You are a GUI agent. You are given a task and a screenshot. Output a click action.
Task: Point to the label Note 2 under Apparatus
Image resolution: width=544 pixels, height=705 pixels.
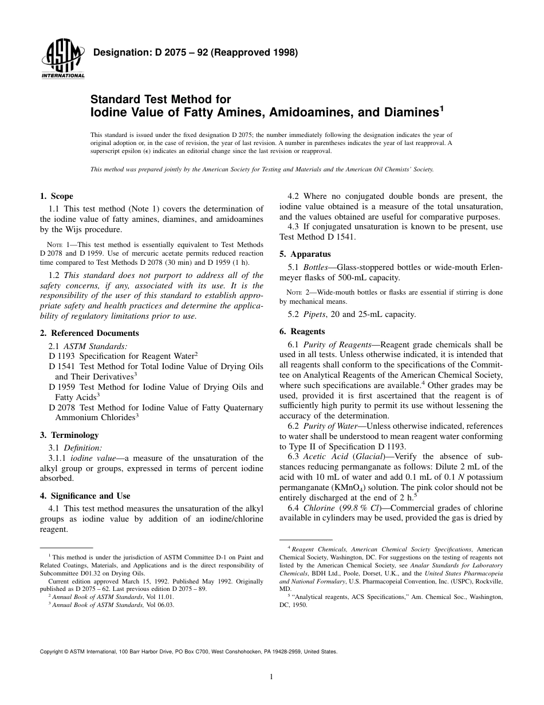[298, 292]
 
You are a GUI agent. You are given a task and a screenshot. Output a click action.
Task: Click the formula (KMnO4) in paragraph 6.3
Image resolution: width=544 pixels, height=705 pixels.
[345, 487]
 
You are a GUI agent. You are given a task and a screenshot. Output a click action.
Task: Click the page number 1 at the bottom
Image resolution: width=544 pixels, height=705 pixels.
[271, 676]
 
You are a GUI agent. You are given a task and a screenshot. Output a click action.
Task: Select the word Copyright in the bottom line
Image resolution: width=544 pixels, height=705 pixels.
[51, 652]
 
